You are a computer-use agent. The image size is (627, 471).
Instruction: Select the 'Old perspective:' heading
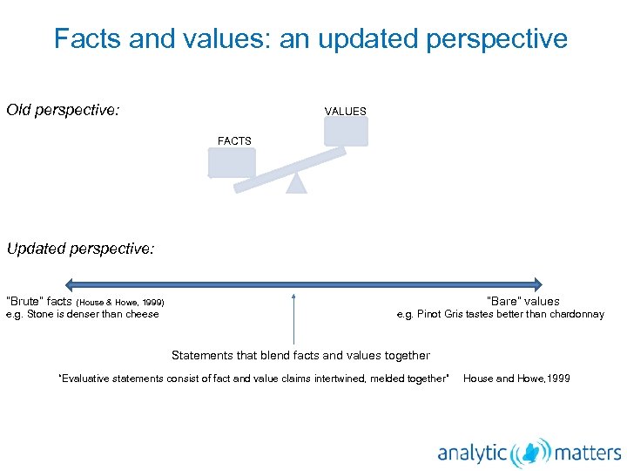pos(63,111)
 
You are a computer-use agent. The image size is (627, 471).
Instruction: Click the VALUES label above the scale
pos(346,112)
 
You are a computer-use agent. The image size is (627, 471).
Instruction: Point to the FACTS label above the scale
pos(234,140)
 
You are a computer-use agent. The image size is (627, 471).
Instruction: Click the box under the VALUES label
pos(346,132)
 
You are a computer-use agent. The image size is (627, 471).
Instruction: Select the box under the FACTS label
pos(232,162)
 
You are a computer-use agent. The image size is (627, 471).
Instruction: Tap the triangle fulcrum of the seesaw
pos(297,182)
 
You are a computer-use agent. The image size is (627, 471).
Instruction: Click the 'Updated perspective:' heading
pos(80,249)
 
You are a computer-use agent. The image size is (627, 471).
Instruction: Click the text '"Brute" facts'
pos(40,302)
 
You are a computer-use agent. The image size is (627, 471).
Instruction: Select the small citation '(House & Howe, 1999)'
pos(121,303)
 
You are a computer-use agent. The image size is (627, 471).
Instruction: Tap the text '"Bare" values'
pos(522,302)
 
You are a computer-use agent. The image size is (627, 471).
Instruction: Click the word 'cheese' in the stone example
pos(142,314)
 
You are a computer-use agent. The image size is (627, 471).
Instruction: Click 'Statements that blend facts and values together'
pos(300,355)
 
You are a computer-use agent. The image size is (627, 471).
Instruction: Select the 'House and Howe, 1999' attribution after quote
pos(516,379)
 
